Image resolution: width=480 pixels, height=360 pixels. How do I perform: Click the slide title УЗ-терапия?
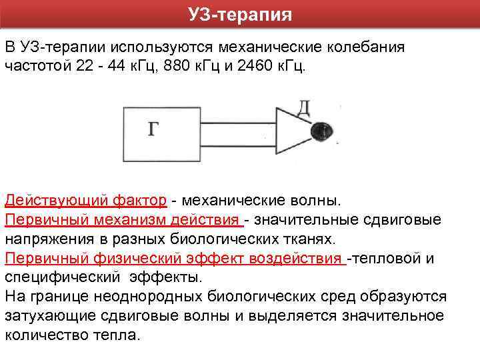pos(240,14)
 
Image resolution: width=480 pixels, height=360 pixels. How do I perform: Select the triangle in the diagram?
pos(293,131)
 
